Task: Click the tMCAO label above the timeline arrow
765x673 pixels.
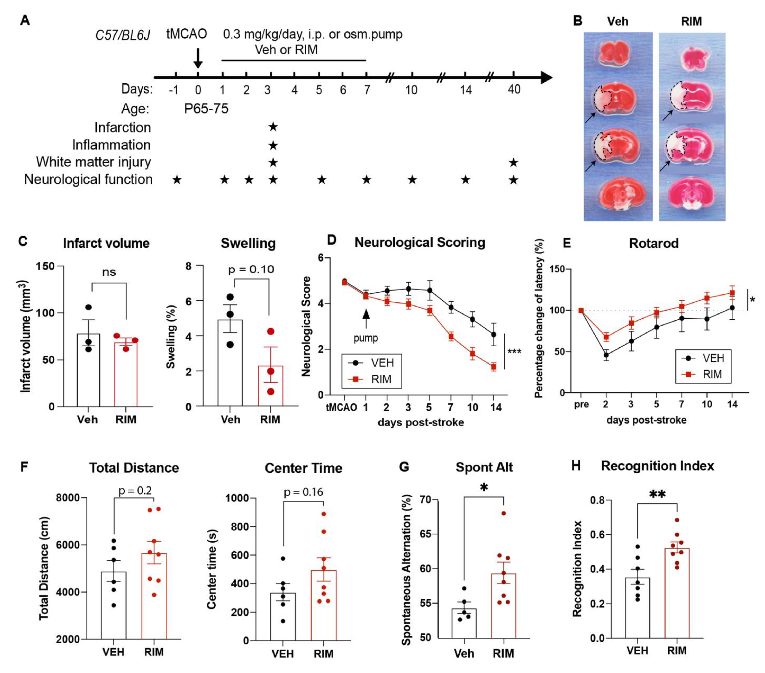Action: (x=186, y=34)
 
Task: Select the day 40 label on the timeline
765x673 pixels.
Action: (x=514, y=90)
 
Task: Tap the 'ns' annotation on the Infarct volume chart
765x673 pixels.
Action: (x=109, y=272)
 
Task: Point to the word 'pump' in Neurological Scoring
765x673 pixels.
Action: (x=366, y=338)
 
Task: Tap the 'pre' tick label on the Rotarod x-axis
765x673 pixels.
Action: (x=581, y=404)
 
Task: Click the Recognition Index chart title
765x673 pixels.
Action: (x=657, y=466)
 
